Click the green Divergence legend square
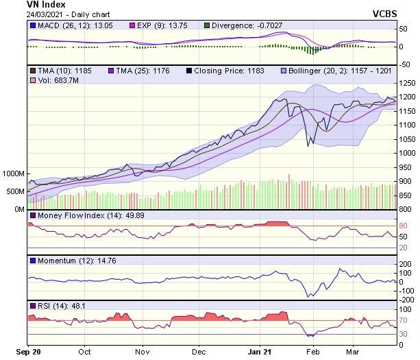207,26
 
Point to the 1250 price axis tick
408,82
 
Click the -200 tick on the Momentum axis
408,300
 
